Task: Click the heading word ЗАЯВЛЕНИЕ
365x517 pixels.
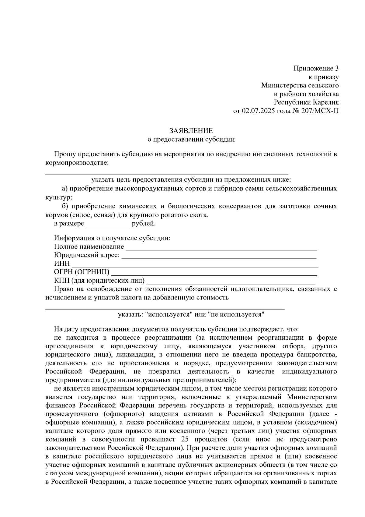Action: tap(191, 131)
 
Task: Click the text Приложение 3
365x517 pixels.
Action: tap(316, 68)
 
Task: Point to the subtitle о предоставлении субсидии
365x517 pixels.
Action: tap(191, 140)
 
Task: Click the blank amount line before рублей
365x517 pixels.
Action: tap(108, 226)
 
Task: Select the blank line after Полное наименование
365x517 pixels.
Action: tap(221, 249)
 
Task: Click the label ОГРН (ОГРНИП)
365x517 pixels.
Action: tap(82, 272)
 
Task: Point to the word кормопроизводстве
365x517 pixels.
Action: tap(76, 163)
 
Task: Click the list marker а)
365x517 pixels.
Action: tap(64, 189)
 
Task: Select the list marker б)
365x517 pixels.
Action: tap(64, 206)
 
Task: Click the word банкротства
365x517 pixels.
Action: tap(318, 355)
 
